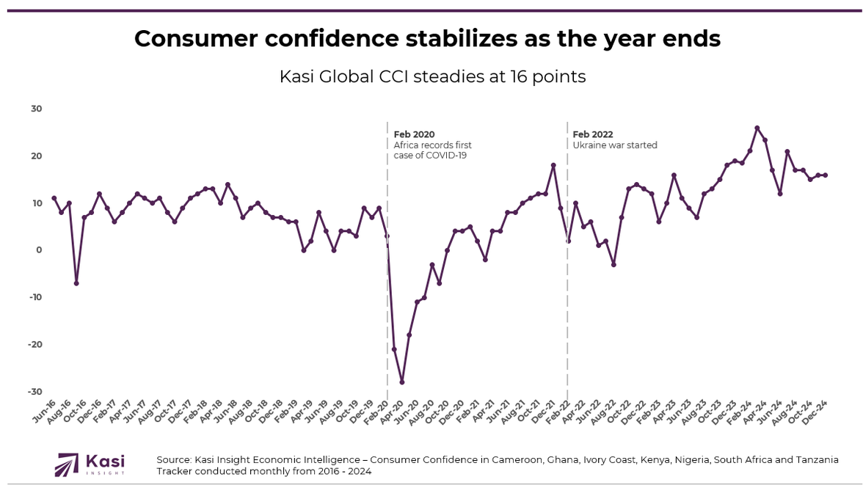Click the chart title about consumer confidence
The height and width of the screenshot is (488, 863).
click(x=427, y=39)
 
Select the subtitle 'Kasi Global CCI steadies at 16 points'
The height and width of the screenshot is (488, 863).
click(x=432, y=76)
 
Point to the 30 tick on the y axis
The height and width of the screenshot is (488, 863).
click(x=37, y=109)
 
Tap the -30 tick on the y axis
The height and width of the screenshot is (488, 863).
click(x=35, y=391)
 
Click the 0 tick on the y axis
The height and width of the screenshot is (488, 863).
click(x=39, y=250)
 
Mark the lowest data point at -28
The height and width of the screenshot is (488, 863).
click(x=402, y=382)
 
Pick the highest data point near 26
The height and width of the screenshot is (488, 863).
click(x=757, y=128)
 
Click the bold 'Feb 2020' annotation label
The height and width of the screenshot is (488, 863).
click(x=414, y=134)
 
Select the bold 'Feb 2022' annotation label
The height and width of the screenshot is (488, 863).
click(x=593, y=134)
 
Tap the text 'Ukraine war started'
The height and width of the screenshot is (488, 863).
click(x=615, y=145)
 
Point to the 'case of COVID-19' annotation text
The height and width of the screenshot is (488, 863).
click(x=430, y=156)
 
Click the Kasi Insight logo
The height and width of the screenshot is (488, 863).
click(x=91, y=465)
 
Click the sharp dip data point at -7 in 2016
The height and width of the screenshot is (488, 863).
click(x=76, y=283)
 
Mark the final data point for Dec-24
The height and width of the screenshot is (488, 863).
click(x=826, y=175)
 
